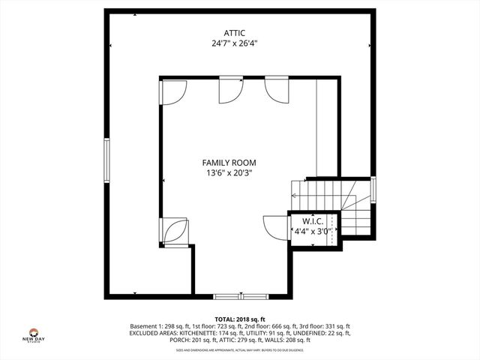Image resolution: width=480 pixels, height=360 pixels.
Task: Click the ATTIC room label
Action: [x=235, y=33]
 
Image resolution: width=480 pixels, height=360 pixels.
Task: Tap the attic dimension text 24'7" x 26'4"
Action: [x=235, y=43]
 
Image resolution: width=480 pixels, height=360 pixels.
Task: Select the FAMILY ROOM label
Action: [x=229, y=162]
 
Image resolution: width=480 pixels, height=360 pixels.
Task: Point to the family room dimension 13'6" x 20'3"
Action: [x=229, y=172]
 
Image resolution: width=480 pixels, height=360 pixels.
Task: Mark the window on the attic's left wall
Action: [x=107, y=161]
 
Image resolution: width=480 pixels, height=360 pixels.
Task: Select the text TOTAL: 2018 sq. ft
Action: [x=240, y=319]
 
